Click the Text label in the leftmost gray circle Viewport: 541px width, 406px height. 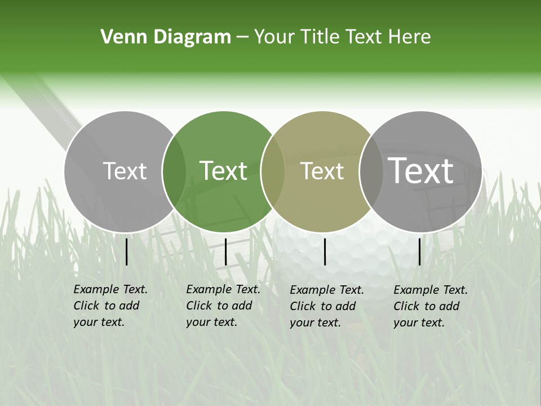click(x=125, y=171)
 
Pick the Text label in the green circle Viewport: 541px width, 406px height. click(x=223, y=171)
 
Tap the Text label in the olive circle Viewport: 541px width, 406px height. click(x=322, y=171)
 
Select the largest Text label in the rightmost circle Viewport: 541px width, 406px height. click(x=421, y=171)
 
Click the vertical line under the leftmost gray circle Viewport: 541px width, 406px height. click(x=127, y=251)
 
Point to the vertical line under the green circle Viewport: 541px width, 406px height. click(x=225, y=251)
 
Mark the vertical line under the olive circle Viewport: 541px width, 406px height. click(x=325, y=251)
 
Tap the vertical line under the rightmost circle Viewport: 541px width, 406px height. click(x=420, y=251)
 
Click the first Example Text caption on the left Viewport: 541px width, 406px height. click(x=110, y=306)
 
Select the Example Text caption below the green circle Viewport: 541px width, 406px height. click(x=223, y=306)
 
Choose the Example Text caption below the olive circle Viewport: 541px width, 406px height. click(x=327, y=306)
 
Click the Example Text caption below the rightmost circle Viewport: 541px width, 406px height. click(x=431, y=306)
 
